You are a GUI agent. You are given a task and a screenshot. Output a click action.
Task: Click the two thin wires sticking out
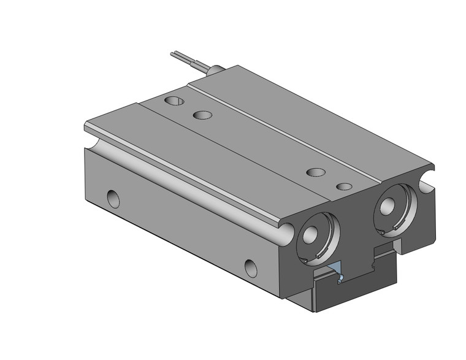click(x=184, y=58)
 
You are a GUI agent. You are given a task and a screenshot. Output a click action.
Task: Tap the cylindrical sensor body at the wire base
click(x=215, y=71)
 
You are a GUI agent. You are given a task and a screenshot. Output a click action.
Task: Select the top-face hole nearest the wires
click(x=174, y=100)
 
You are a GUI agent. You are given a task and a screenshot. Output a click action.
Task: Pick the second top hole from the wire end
click(x=202, y=115)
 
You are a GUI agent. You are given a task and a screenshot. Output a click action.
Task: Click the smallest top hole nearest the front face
click(x=345, y=186)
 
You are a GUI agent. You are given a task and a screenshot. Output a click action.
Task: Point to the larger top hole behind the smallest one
click(x=315, y=172)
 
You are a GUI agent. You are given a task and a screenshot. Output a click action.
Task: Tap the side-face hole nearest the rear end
click(x=113, y=198)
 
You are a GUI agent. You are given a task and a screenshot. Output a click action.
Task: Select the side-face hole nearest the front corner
click(x=251, y=267)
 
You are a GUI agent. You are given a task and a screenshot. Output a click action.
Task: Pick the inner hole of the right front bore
click(x=387, y=207)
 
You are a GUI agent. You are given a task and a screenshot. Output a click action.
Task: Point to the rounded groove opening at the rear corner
click(x=91, y=142)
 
